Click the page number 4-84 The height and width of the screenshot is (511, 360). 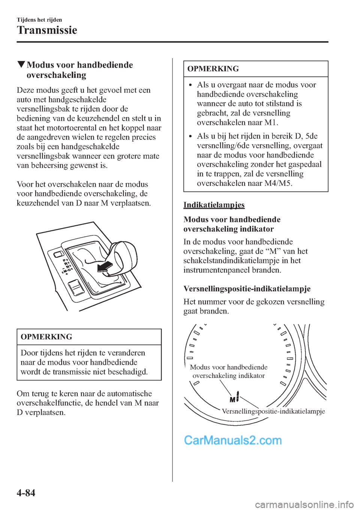26,493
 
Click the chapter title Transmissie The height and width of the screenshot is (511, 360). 47,30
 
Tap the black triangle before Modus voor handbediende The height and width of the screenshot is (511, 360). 21,64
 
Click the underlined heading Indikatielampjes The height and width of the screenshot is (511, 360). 214,205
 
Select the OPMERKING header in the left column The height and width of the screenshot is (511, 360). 46,337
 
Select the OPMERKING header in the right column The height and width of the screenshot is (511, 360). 213,69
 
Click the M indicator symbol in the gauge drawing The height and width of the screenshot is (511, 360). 233,399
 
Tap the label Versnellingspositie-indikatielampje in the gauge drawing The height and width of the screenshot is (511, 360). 273,411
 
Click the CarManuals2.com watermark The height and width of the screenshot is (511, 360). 232,440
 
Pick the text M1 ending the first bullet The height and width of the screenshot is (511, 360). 271,123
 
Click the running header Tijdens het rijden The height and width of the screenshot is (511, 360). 39,20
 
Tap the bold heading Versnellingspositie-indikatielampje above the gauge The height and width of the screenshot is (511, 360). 247,289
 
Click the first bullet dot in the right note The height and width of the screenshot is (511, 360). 190,85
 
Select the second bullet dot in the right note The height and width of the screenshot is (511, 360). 190,136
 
